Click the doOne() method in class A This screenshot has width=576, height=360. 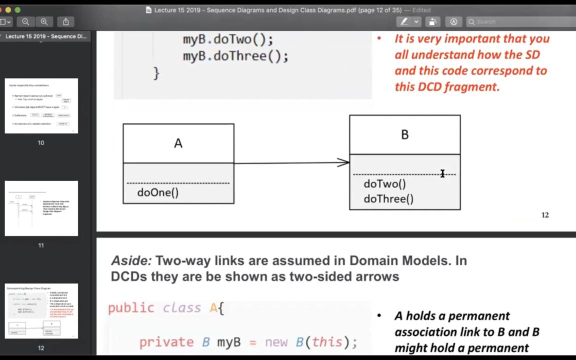click(157, 192)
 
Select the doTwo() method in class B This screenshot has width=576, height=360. click(384, 184)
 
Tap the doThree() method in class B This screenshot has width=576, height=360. click(388, 199)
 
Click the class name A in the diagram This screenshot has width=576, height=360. click(178, 143)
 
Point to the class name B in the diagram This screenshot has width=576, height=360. click(404, 134)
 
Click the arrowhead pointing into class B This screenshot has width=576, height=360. click(344, 162)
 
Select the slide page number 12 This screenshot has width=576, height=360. click(545, 215)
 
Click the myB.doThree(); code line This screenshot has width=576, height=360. click(235, 56)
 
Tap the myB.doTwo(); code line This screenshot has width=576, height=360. click(228, 39)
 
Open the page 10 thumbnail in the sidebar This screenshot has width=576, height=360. click(41, 105)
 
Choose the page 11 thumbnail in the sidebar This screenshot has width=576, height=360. click(41, 208)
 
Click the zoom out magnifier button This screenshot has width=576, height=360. click(25, 21)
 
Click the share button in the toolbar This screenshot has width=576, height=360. click(65, 21)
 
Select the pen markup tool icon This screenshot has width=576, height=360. click(404, 21)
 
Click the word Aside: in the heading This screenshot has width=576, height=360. click(131, 260)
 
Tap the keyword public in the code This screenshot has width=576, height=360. click(131, 308)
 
